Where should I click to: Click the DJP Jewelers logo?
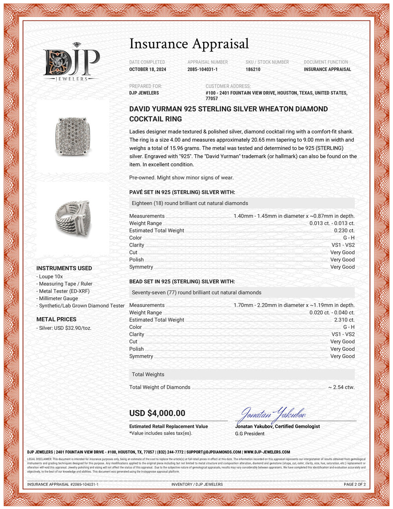(x=71, y=62)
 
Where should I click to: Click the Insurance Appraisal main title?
(x=189, y=44)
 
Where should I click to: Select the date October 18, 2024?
(x=147, y=69)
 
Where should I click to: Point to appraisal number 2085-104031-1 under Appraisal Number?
(x=202, y=69)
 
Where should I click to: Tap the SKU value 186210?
(x=253, y=69)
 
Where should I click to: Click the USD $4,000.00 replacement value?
(x=157, y=413)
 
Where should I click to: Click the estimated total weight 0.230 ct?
(x=344, y=231)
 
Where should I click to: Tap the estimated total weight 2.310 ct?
(x=344, y=320)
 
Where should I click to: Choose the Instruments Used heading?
(x=64, y=268)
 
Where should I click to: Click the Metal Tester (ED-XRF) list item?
(x=64, y=291)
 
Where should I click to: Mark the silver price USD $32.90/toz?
(x=65, y=328)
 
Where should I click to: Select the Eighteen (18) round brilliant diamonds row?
(x=242, y=203)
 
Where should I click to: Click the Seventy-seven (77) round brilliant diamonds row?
(x=242, y=292)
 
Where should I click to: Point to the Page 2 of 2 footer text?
(x=354, y=484)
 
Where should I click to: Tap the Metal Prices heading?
(x=56, y=319)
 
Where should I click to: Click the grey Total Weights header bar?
(x=242, y=374)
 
